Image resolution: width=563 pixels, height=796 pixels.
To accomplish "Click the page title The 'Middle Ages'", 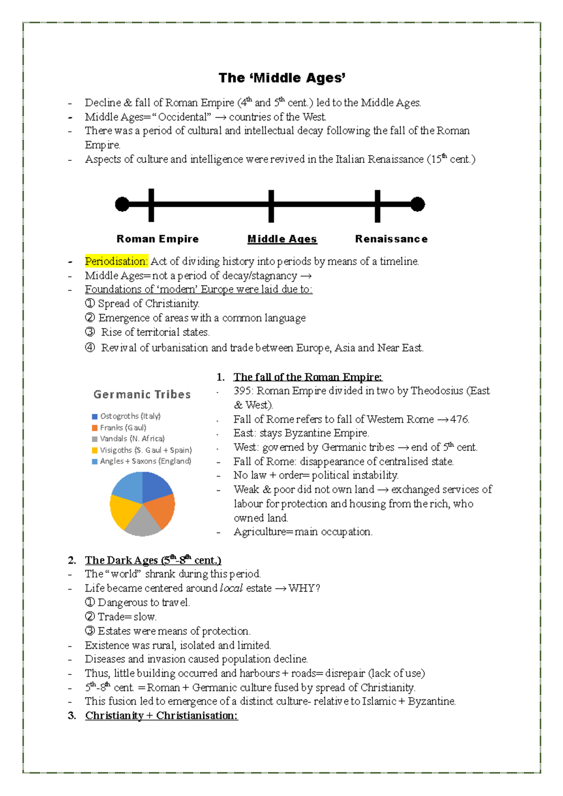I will click(282, 78).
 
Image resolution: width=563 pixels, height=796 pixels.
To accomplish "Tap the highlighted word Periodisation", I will click(116, 261).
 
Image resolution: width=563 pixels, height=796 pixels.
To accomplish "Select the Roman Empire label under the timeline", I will click(157, 239).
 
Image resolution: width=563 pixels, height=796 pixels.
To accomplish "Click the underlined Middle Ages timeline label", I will click(282, 239).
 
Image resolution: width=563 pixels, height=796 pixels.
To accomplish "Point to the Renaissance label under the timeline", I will click(391, 239).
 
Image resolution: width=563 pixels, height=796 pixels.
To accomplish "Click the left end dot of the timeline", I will click(122, 204).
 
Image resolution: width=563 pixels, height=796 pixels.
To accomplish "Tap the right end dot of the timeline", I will click(418, 204).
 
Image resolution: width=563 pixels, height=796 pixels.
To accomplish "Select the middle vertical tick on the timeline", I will click(271, 206).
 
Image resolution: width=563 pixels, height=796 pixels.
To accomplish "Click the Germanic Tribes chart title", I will click(142, 395).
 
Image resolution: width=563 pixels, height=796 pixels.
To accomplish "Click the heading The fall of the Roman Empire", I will click(308, 377).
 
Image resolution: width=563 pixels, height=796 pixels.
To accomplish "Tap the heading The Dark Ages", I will click(152, 560).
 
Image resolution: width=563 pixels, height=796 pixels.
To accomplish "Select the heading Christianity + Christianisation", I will click(161, 715).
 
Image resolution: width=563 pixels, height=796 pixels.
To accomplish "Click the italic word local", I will click(231, 588).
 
